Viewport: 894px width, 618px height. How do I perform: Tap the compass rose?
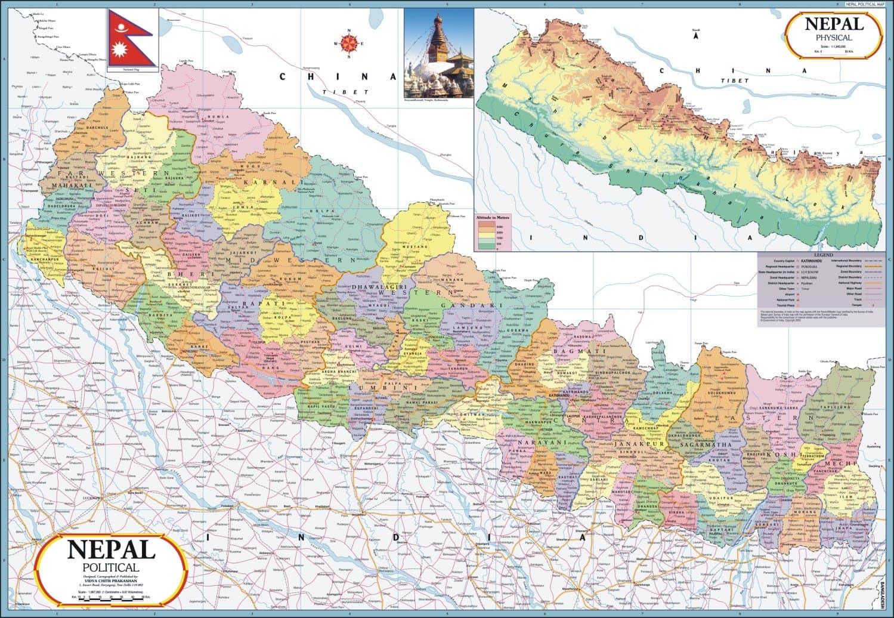[x=349, y=43]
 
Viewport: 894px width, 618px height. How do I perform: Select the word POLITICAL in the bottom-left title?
[x=112, y=567]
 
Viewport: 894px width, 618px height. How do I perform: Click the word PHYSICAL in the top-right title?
[x=834, y=38]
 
